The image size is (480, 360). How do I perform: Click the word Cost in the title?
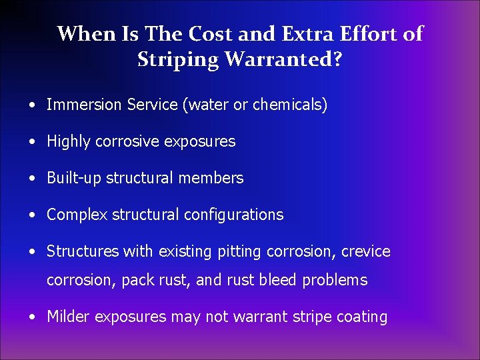click(208, 34)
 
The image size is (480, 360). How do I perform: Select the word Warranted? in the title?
click(283, 59)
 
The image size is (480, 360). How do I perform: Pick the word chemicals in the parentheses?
click(288, 105)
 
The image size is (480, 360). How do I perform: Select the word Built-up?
click(74, 178)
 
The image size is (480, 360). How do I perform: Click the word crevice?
click(366, 251)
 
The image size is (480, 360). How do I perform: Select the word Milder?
click(69, 317)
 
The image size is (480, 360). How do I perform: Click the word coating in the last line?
click(363, 317)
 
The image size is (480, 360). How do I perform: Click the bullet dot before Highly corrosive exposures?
click(33, 142)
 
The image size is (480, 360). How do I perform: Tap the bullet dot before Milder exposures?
click(33, 317)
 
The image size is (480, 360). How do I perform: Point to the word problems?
click(335, 280)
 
